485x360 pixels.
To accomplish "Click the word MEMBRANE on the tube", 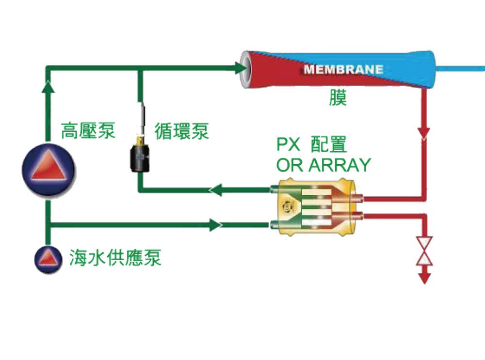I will pos(343,69).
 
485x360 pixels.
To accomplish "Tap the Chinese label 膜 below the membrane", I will pos(337,98).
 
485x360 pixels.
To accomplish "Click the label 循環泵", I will pos(181,131).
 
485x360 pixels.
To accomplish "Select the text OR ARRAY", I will pos(323,165).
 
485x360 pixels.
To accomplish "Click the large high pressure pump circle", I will pos(48,167).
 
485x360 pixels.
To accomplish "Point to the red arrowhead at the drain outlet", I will pos(425,278).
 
